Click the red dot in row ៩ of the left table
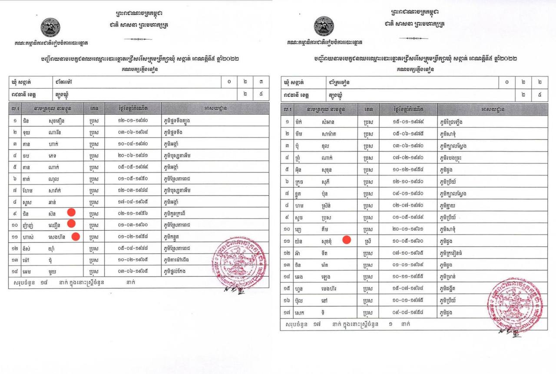[72, 212]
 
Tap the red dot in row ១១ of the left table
[76, 237]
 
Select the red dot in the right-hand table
[347, 239]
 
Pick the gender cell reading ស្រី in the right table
[368, 240]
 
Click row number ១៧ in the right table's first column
[287, 312]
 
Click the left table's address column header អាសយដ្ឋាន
[215, 107]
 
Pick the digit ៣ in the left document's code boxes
[261, 81]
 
